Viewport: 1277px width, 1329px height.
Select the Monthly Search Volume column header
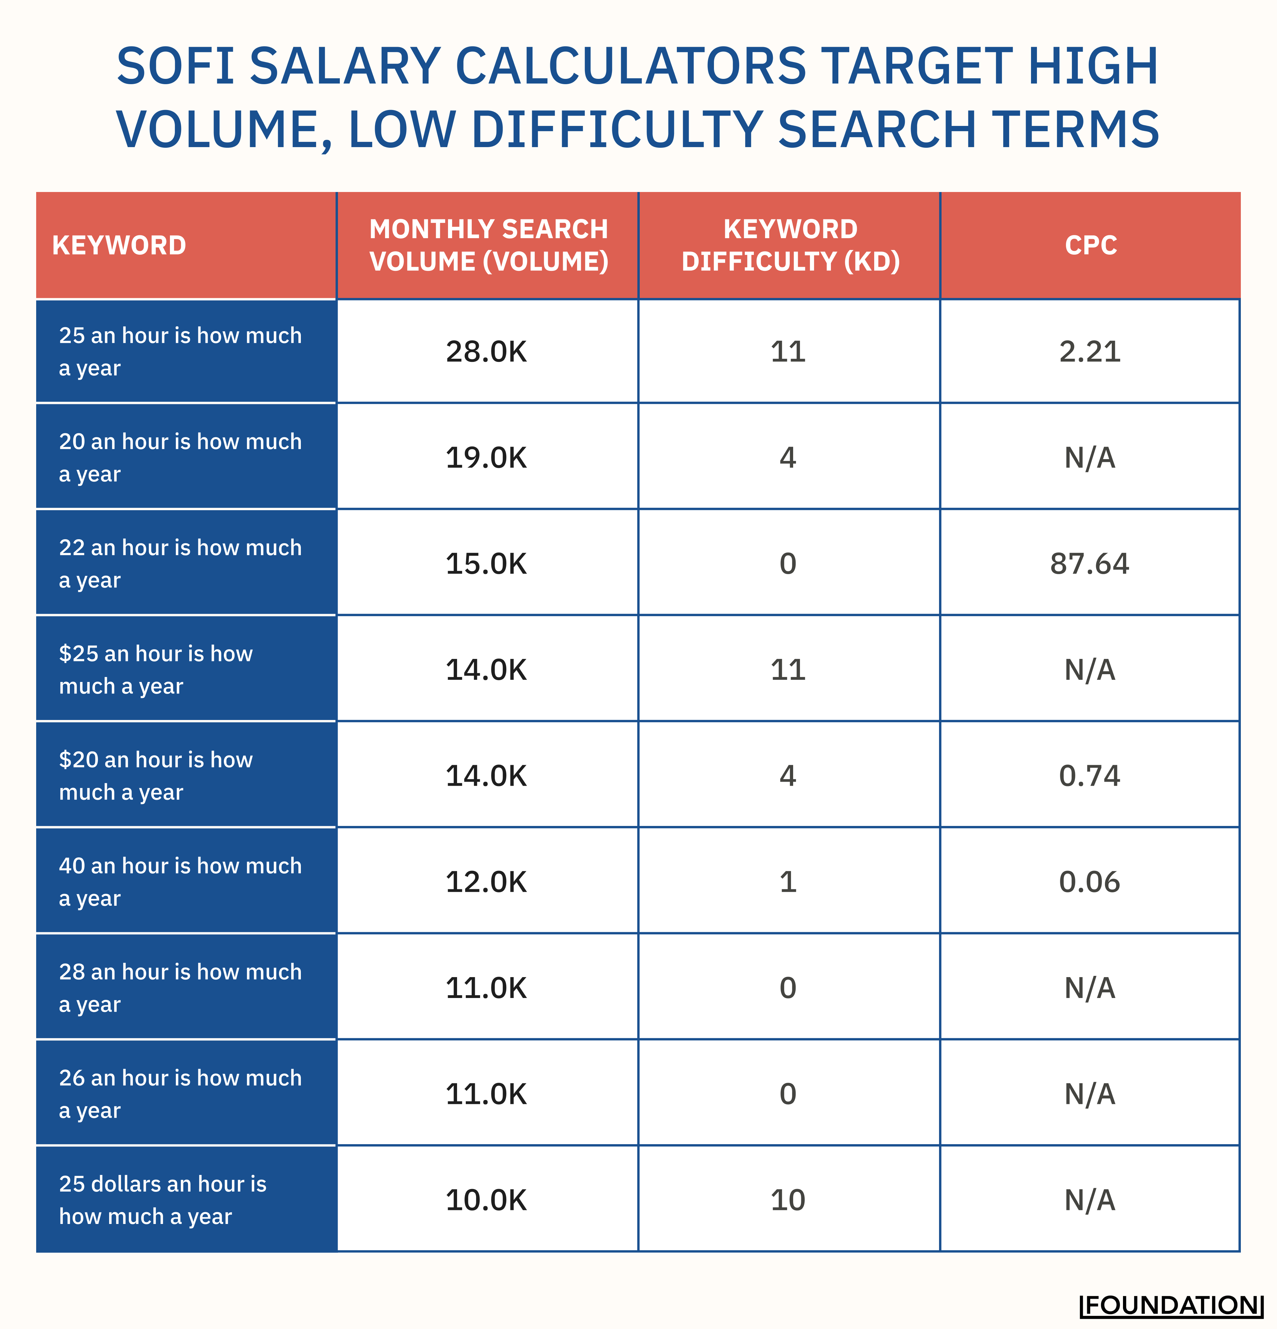pyautogui.click(x=488, y=246)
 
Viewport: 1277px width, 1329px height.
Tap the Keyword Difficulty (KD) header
pyautogui.click(x=790, y=246)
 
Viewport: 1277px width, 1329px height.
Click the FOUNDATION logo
pyautogui.click(x=1171, y=1305)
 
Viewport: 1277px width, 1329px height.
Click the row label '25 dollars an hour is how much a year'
pyautogui.click(x=163, y=1200)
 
